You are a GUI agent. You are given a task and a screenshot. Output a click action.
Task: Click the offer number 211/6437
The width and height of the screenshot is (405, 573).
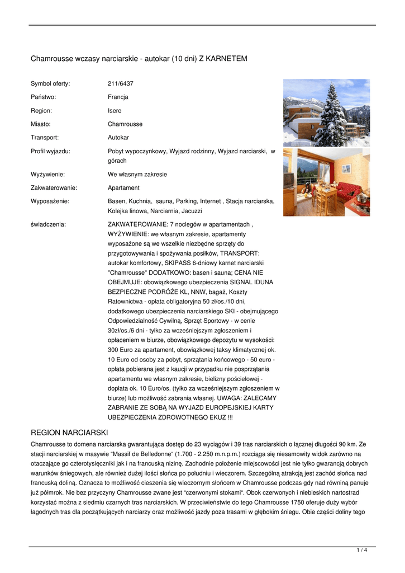120,83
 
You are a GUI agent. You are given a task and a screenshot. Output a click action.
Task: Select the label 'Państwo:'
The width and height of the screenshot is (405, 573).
43,97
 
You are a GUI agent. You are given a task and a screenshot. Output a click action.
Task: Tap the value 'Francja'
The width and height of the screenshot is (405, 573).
118,97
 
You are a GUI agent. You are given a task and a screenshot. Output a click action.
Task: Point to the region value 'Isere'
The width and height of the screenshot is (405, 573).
115,110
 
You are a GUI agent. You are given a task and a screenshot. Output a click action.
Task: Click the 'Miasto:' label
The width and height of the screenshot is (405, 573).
41,124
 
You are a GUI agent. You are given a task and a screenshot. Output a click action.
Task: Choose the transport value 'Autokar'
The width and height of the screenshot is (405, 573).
118,137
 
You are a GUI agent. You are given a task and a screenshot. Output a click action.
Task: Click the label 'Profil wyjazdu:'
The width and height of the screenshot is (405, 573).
50,151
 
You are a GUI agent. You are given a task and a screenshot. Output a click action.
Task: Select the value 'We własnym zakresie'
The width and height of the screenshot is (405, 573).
137,174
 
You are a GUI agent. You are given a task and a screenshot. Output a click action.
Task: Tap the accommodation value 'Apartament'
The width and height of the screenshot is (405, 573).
123,187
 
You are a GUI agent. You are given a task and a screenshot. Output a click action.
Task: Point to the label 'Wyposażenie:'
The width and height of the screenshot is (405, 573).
50,201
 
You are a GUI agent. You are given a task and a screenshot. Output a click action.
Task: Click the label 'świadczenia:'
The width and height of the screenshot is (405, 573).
48,224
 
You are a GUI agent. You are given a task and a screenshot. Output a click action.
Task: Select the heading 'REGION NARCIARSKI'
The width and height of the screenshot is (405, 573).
69,433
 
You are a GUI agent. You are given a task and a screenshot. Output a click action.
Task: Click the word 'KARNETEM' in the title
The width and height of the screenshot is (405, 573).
226,58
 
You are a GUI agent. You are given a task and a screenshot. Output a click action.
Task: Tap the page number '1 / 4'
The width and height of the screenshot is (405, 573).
362,551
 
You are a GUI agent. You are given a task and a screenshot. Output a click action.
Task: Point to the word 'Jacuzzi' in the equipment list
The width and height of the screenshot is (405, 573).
191,211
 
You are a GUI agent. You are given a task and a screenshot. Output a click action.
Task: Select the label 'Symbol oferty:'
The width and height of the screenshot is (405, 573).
50,83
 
